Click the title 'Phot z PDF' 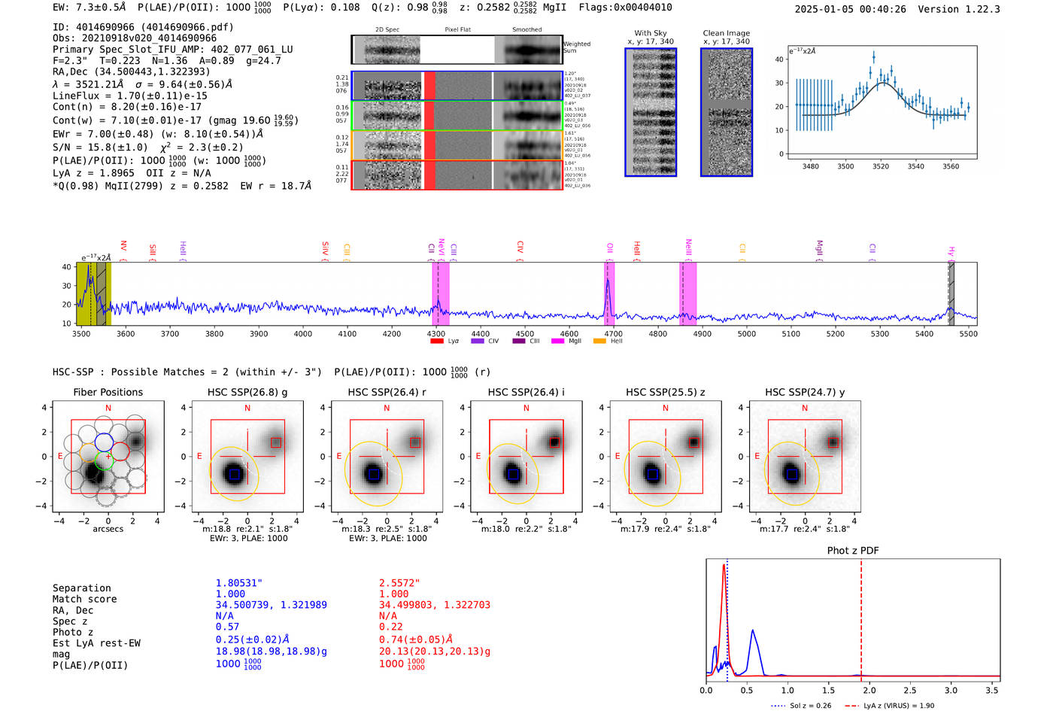click(853, 550)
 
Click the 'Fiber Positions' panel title click(108, 392)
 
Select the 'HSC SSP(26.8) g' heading click(247, 392)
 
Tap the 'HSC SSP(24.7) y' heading click(805, 392)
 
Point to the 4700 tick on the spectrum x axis click(613, 333)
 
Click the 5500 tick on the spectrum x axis click(969, 333)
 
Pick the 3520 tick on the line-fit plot click(881, 166)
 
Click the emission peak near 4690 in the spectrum click(608, 281)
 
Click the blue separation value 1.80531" click(239, 583)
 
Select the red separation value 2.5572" click(399, 583)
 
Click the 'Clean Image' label click(726, 33)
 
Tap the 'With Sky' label click(651, 33)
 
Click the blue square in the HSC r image click(374, 474)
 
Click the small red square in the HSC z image click(693, 442)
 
